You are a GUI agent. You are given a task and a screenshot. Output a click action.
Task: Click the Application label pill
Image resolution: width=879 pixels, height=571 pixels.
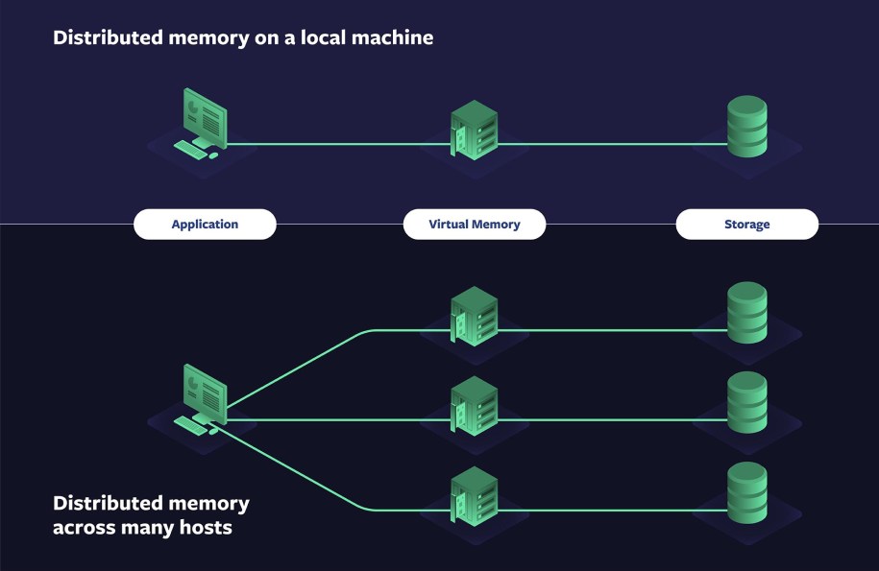205,225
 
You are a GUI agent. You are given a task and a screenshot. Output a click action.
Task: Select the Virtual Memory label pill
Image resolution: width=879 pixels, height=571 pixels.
475,225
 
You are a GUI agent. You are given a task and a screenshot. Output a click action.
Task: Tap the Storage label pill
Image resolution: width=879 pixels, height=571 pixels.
746,225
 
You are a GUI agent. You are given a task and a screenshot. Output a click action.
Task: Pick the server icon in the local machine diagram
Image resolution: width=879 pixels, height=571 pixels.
475,131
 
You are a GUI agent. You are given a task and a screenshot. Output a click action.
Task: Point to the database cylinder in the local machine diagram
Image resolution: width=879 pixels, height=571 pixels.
746,127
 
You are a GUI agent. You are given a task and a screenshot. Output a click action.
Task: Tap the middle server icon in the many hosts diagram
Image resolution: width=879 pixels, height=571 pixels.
475,406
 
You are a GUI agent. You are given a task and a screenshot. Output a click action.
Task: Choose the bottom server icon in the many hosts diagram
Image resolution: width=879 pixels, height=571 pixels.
475,496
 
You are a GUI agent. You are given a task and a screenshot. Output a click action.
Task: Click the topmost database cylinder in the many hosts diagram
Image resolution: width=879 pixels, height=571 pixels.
746,313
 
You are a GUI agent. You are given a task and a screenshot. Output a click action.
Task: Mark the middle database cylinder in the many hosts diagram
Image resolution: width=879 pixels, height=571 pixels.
746,402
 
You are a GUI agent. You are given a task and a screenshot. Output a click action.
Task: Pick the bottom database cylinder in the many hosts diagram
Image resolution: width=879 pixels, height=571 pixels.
746,492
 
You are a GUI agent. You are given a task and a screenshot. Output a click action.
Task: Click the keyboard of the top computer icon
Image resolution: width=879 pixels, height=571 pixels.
190,149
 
